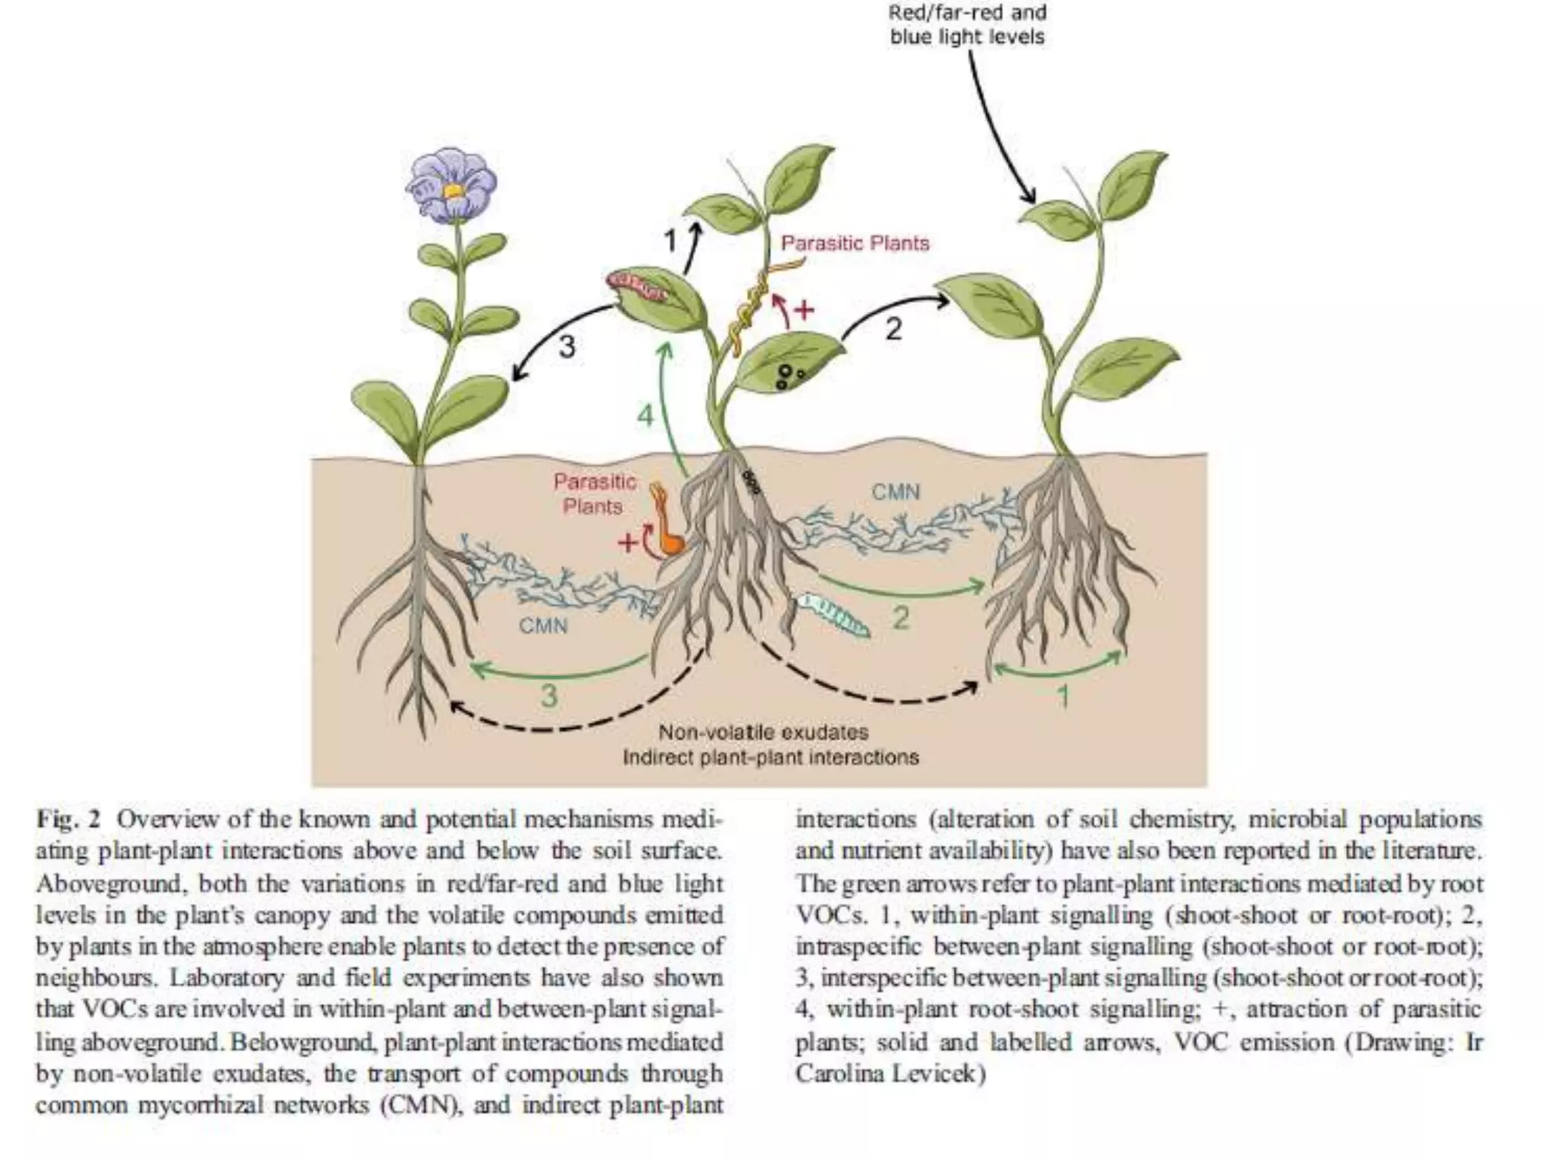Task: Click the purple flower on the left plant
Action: [451, 183]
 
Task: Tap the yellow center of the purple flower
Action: [453, 191]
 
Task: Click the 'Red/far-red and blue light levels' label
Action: [967, 25]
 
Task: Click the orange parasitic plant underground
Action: [666, 524]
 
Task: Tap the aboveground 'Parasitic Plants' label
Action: [855, 243]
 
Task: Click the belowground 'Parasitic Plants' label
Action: [594, 493]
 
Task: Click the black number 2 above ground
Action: [893, 329]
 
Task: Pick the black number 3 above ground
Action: [567, 347]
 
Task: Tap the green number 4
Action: [645, 415]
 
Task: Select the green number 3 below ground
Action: [549, 695]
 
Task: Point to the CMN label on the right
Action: [895, 492]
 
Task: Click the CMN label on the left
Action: [543, 626]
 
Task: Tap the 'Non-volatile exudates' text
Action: [763, 732]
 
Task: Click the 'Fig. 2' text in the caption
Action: [68, 819]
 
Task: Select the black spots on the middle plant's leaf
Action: [788, 375]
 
